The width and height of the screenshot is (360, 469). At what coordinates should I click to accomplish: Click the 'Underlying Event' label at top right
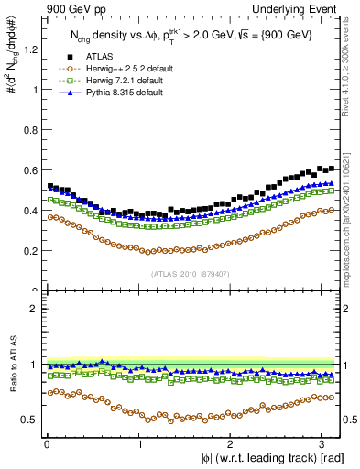click(300, 8)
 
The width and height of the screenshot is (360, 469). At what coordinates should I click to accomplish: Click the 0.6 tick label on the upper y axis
click(27, 170)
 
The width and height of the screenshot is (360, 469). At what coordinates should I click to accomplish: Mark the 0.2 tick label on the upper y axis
click(27, 251)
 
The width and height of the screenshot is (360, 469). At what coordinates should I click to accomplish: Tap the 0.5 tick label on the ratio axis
click(27, 420)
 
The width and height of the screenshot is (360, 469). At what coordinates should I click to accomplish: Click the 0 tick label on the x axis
click(47, 444)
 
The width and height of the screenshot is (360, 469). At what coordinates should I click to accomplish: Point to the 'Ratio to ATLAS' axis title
click(11, 366)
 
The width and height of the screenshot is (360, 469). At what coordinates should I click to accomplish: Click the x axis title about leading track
click(267, 459)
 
